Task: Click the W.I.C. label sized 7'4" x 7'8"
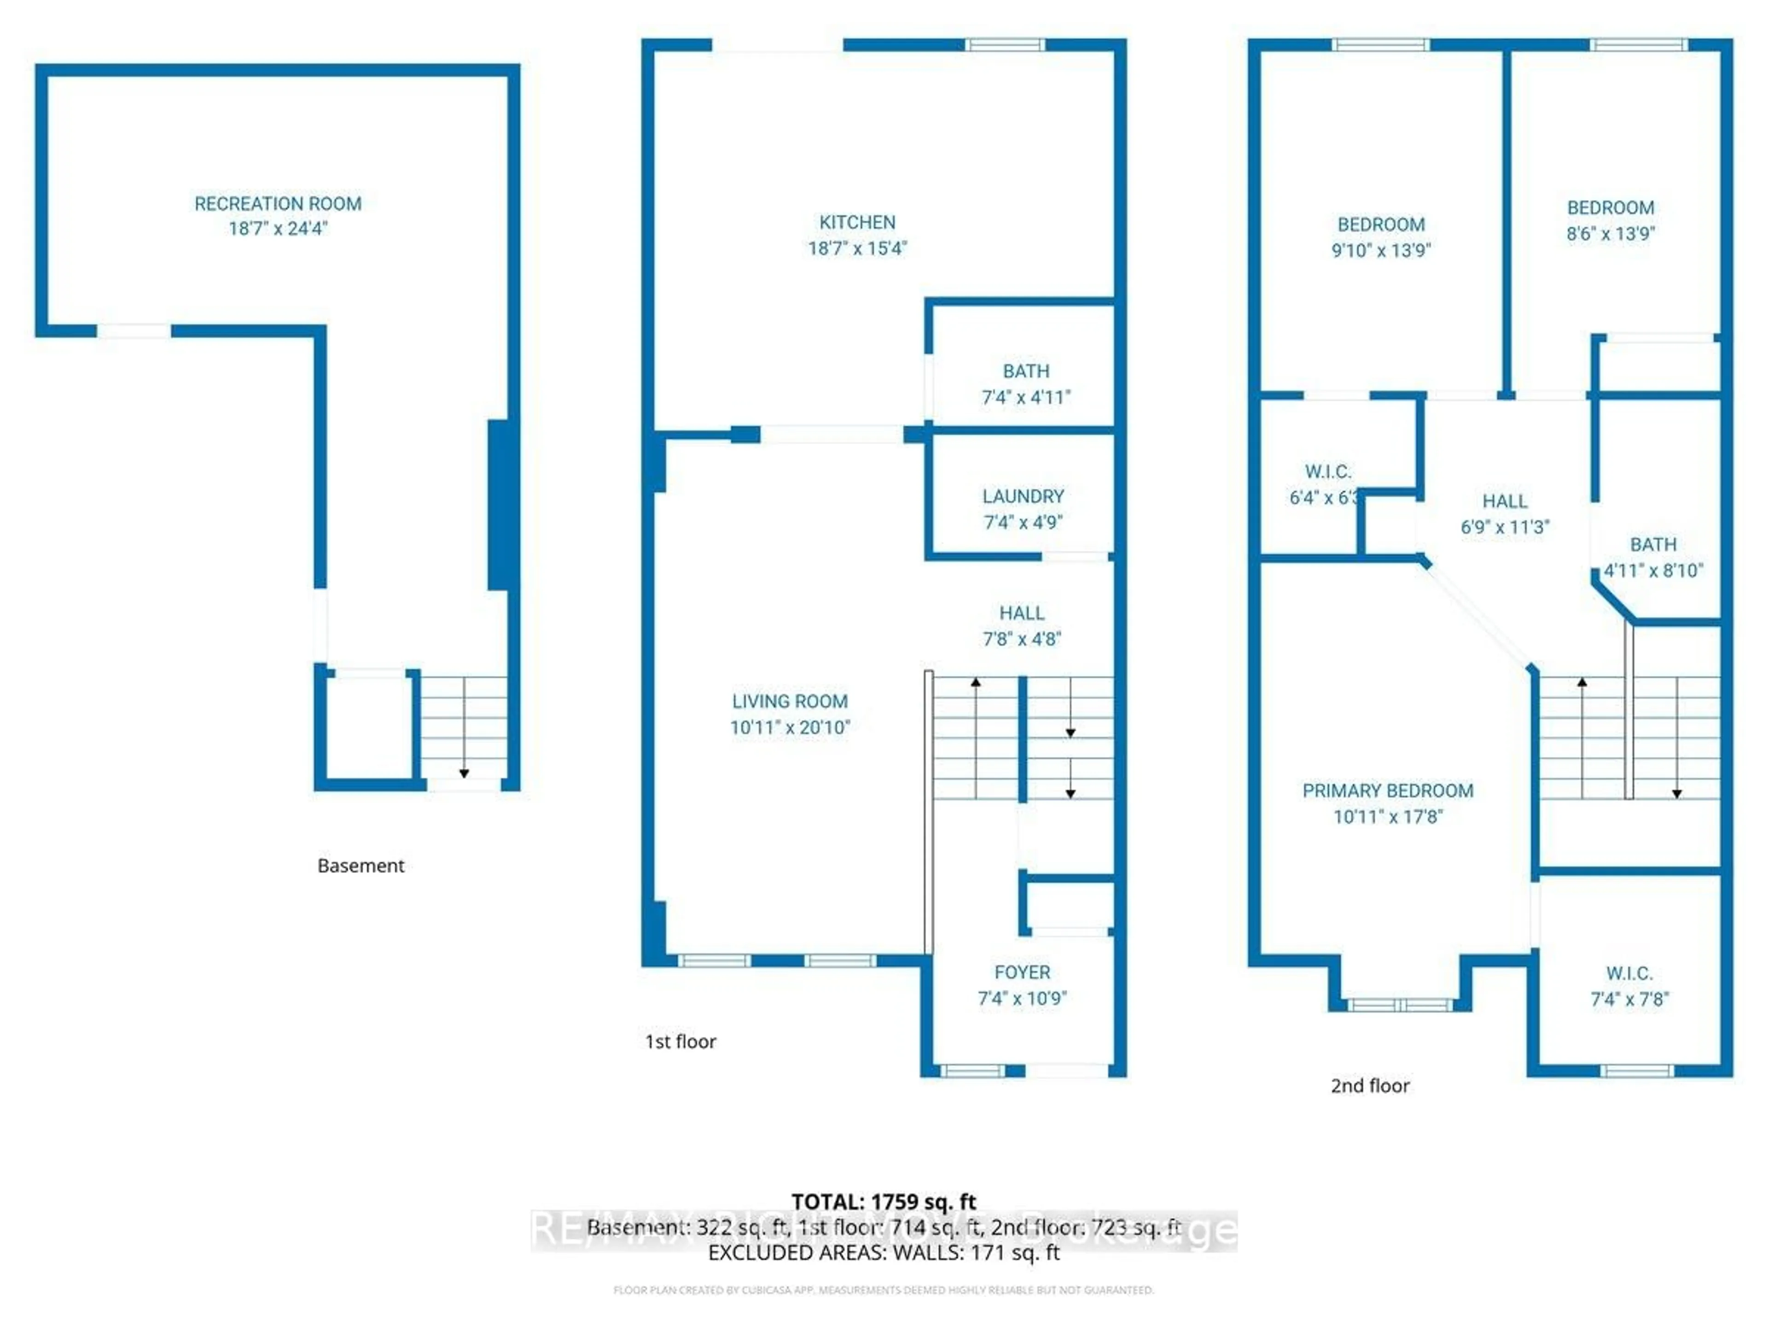(x=1629, y=973)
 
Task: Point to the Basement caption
(x=361, y=866)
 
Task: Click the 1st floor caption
(x=680, y=1041)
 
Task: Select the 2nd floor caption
(x=1369, y=1085)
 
